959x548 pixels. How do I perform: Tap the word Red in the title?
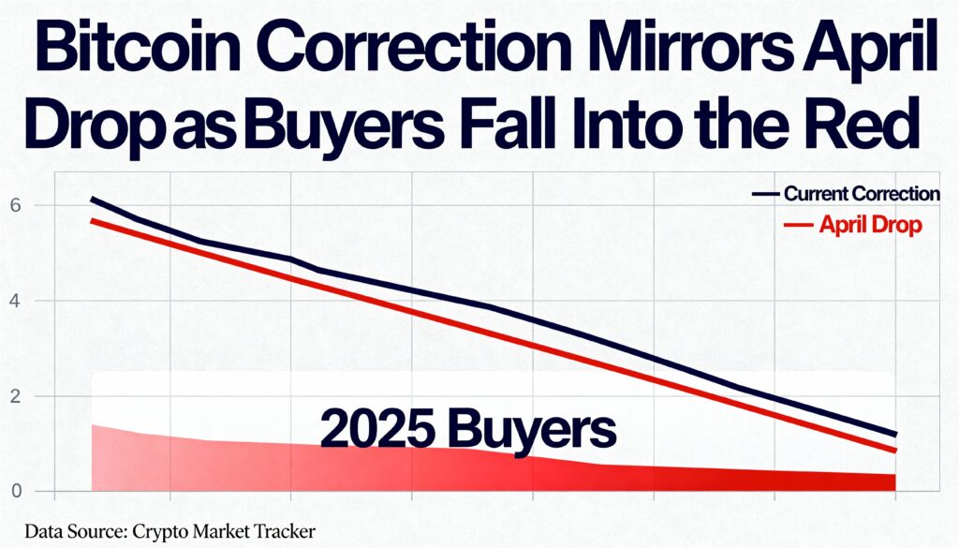pyautogui.click(x=870, y=126)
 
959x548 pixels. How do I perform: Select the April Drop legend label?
pyautogui.click(x=870, y=225)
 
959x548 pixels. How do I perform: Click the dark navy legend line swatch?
pyautogui.click(x=765, y=195)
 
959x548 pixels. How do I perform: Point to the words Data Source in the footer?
pyautogui.click(x=71, y=531)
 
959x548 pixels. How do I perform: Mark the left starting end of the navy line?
pyautogui.click(x=92, y=199)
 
